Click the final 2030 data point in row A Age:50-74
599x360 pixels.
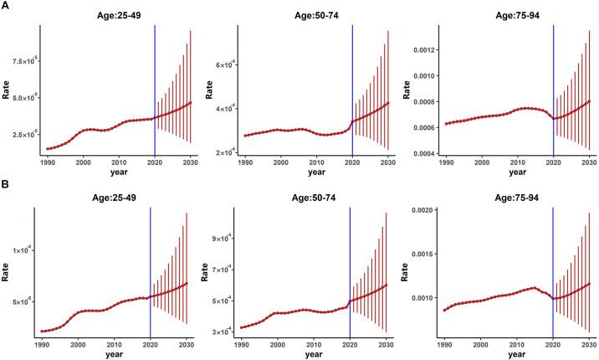[388, 103]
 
